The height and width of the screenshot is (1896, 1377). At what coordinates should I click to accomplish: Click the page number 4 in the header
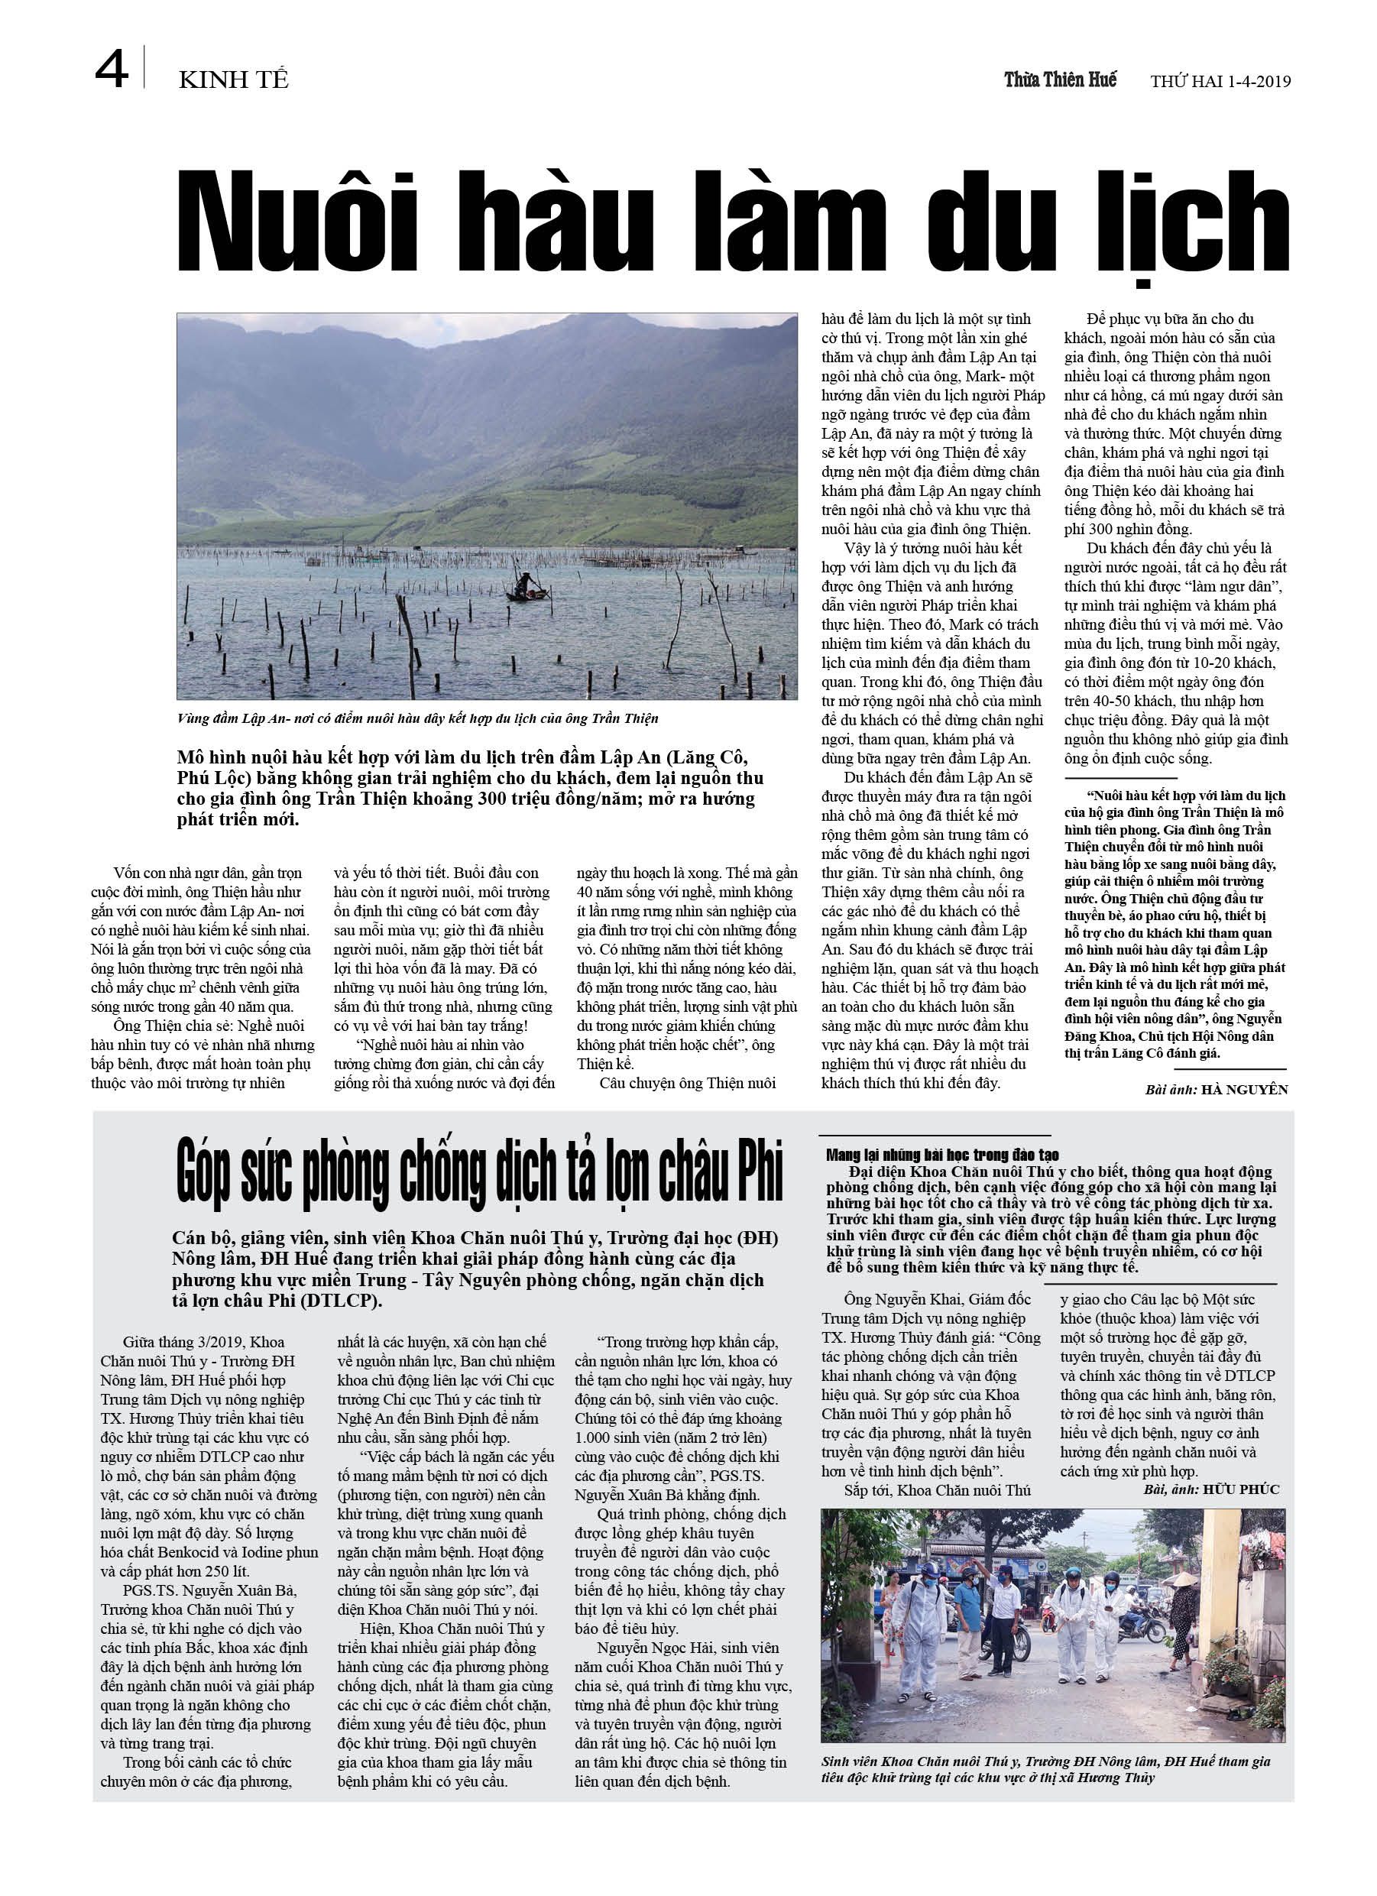coord(112,70)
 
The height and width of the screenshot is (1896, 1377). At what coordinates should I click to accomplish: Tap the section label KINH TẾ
coord(233,80)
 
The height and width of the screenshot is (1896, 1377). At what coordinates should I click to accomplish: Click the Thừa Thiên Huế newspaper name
coord(1059,79)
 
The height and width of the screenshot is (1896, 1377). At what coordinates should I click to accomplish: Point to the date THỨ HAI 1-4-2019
coord(1220,81)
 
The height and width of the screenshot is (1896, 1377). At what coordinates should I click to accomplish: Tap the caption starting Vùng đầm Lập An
coord(417,718)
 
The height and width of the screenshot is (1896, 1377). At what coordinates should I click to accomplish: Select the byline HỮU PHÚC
coord(1241,1489)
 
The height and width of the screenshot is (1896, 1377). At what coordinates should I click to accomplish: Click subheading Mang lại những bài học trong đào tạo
coord(942,1155)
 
